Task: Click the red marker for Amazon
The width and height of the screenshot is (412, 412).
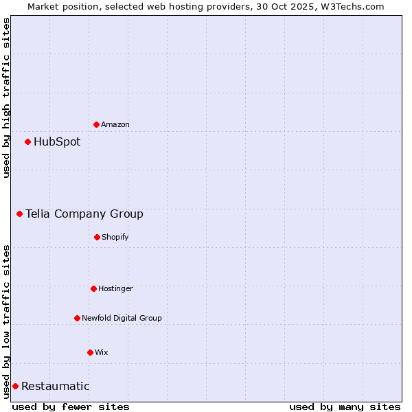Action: (97, 124)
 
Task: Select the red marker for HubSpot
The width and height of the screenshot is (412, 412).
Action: (28, 142)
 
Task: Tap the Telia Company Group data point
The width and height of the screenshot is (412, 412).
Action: (20, 214)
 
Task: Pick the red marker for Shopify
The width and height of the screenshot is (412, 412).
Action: (97, 237)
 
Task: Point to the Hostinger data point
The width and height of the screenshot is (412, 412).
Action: (93, 288)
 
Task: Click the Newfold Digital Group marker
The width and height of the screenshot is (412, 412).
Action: (77, 318)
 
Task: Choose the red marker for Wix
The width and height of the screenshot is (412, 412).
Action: (90, 352)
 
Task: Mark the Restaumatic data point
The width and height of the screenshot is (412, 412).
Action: (15, 387)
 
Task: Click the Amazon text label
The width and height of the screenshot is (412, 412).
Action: (115, 124)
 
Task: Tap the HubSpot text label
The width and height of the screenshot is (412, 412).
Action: (57, 142)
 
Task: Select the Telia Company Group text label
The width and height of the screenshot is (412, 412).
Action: (84, 214)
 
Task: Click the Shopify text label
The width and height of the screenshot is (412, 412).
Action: (115, 237)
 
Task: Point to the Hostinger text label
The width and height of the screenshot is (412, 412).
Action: (115, 288)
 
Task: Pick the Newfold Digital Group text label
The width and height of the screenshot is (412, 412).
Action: (122, 318)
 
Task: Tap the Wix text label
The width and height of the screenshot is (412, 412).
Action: (102, 352)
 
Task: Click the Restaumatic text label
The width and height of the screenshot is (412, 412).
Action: (56, 387)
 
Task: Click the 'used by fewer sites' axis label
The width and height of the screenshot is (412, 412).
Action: (71, 407)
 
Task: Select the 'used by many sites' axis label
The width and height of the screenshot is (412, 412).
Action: (345, 407)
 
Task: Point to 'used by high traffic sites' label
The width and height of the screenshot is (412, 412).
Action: (6, 98)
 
